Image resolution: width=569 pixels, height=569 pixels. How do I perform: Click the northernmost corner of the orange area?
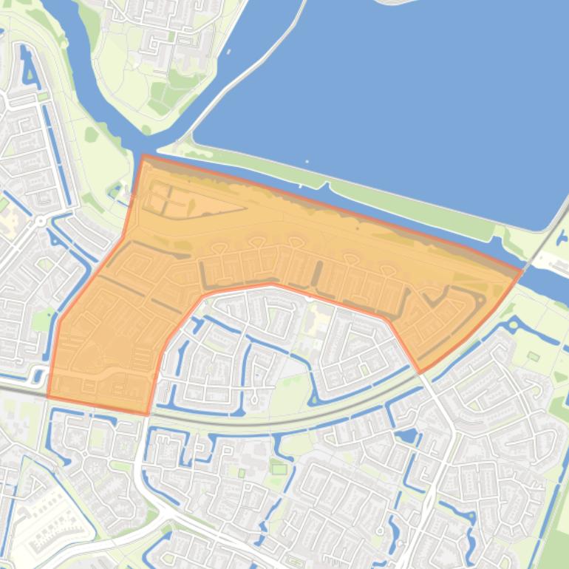point(143,156)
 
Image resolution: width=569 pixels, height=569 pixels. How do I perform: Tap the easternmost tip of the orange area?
point(522,272)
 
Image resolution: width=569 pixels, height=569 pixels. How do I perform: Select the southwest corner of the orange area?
point(48,396)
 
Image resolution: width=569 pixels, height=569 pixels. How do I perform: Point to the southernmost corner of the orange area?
point(147,413)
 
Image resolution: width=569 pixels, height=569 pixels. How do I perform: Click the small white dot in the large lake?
point(307,161)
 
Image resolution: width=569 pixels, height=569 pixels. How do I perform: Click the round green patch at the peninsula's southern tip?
point(146,130)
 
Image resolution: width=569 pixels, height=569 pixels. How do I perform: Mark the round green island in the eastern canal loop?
point(533,357)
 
